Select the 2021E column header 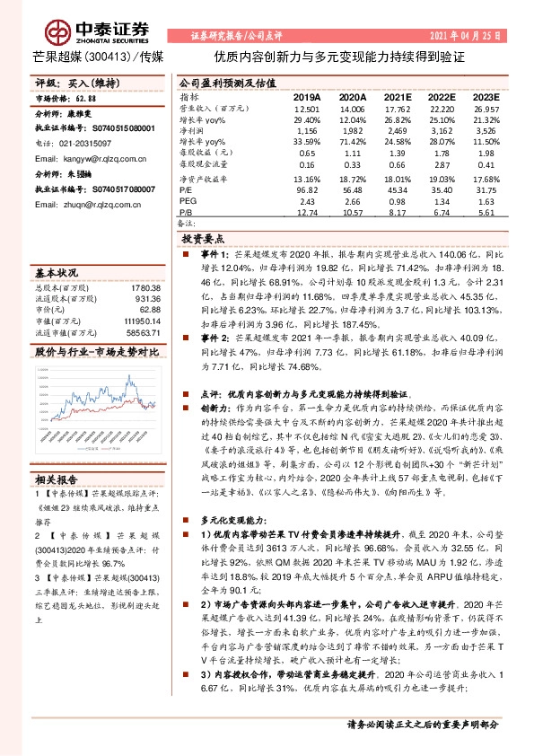397,96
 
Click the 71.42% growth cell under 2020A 352,142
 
